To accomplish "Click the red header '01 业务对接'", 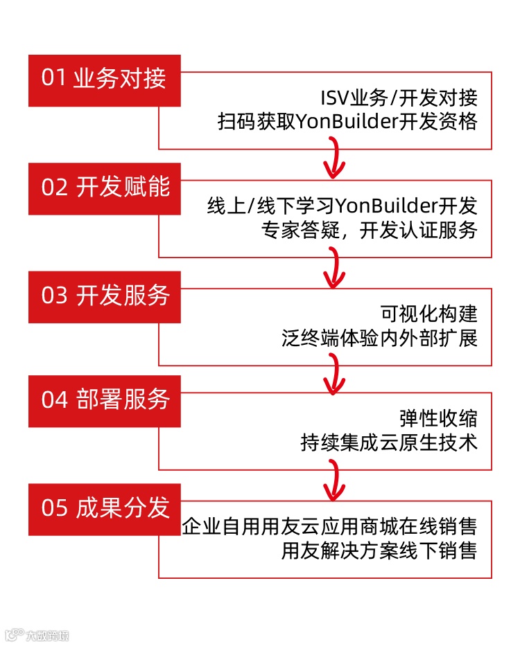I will coord(104,79).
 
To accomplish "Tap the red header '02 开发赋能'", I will coord(104,188).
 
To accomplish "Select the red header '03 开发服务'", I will coord(104,296).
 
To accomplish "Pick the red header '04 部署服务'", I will coord(104,400).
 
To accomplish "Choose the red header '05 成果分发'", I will coord(104,508).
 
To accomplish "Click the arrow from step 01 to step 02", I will coord(335,158).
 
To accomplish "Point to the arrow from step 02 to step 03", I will coord(335,267).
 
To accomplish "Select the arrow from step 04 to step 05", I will coord(335,479).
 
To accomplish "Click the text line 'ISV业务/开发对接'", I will coord(399,98).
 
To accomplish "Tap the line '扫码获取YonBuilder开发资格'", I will coord(347,122).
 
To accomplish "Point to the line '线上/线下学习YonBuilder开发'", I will coord(342,206).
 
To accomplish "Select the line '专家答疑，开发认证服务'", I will coord(370,231).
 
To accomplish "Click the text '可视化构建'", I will coord(429,314).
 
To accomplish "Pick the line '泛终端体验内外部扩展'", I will coord(379,339).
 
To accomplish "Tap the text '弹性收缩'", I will coord(438,419).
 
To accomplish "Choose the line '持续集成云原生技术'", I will coord(389,443).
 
